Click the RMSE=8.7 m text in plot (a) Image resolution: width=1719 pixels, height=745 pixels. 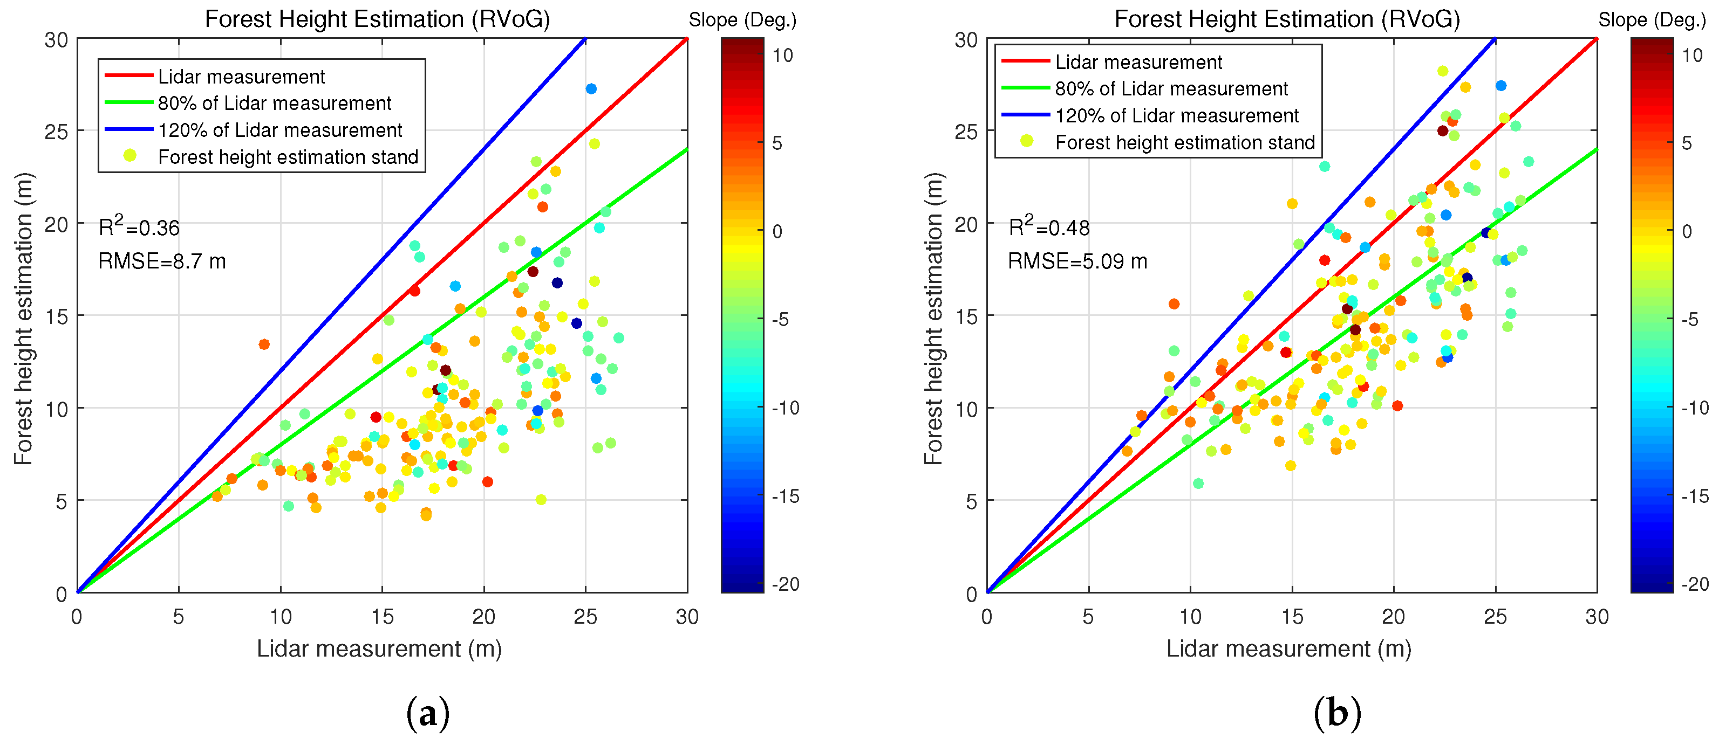coord(162,261)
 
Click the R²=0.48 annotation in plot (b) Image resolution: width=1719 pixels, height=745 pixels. coord(1048,227)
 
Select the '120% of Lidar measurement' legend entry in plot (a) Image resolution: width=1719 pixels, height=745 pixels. coord(279,130)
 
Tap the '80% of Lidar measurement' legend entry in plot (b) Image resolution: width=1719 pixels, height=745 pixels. coord(1171,89)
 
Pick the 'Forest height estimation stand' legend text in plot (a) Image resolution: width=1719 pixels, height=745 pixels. coord(288,157)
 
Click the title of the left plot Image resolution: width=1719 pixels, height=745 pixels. coord(378,19)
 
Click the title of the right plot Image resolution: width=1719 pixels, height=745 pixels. coord(1287,19)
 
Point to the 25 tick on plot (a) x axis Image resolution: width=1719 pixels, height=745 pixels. coord(585,616)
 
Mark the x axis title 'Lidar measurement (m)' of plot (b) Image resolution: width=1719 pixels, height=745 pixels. coord(1288,649)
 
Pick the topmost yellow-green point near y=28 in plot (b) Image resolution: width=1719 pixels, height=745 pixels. coord(1443,71)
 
